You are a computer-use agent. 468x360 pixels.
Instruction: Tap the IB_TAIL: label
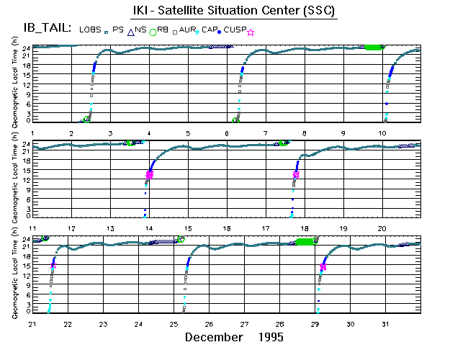[41, 29]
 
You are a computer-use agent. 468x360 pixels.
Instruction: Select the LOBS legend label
[91, 29]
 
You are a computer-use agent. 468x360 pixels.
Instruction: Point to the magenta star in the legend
[251, 32]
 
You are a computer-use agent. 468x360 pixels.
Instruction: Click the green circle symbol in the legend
[153, 32]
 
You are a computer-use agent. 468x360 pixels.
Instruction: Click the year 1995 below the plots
[269, 337]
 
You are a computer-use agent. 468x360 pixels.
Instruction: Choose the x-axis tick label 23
[104, 323]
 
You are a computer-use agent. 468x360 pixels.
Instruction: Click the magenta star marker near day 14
[150, 174]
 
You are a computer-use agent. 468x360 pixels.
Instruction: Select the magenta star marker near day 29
[323, 267]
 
